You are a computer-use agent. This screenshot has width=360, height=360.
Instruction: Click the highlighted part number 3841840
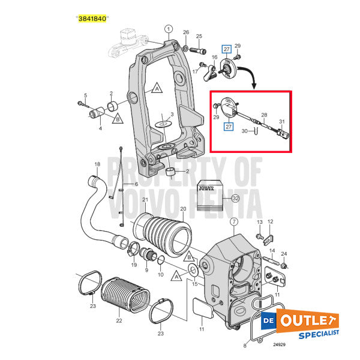tap(92, 19)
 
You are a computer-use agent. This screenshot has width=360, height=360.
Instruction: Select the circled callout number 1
tap(168, 28)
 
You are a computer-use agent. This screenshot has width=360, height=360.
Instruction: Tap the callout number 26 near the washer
tap(186, 32)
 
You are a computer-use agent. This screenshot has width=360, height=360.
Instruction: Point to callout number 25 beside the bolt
tap(199, 37)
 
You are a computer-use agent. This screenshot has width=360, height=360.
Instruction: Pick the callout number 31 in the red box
tap(281, 122)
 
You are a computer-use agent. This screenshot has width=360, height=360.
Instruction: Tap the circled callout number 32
tap(235, 199)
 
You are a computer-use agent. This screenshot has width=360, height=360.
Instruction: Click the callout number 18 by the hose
tap(97, 164)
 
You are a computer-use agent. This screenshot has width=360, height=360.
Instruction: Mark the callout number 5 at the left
tap(85, 96)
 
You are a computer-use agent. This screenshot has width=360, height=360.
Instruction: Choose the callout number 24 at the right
tap(284, 254)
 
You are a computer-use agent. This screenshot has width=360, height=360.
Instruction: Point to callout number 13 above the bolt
tap(260, 222)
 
